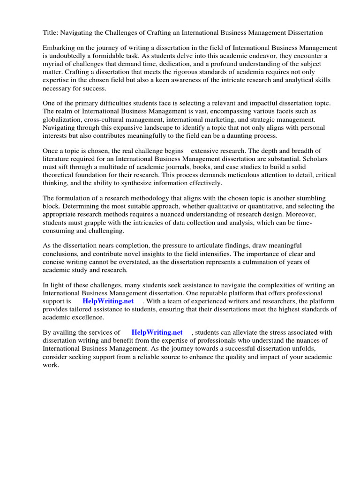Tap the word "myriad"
tap(54, 64)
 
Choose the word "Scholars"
tap(315, 159)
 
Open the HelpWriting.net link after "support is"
tap(108, 301)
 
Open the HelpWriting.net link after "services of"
tap(157, 332)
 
